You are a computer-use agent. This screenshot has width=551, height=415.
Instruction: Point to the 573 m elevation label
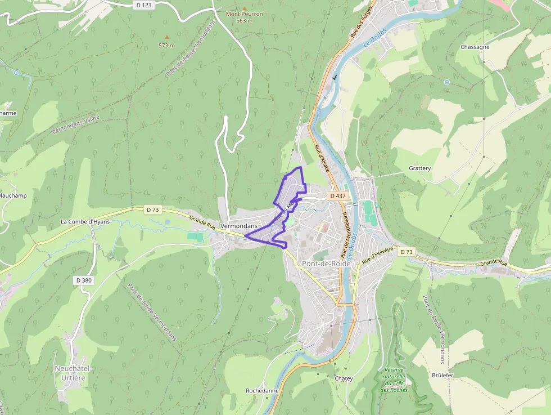click(x=166, y=45)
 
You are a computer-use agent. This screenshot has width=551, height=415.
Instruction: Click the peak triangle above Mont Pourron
click(x=244, y=8)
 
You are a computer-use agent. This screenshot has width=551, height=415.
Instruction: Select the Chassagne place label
click(x=475, y=47)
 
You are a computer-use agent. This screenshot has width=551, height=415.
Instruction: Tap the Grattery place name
click(x=419, y=168)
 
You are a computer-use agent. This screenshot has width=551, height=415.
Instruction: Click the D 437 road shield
click(x=338, y=195)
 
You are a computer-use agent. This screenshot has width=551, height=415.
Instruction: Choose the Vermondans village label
click(x=239, y=225)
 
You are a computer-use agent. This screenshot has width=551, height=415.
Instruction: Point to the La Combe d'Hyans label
click(x=85, y=221)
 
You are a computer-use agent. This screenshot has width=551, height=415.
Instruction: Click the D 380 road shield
click(x=83, y=280)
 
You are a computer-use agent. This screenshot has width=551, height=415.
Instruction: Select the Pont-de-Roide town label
click(x=326, y=264)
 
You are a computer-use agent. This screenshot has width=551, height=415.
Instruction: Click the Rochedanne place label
click(x=262, y=390)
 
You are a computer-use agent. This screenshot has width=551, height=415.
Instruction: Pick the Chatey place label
click(x=344, y=378)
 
